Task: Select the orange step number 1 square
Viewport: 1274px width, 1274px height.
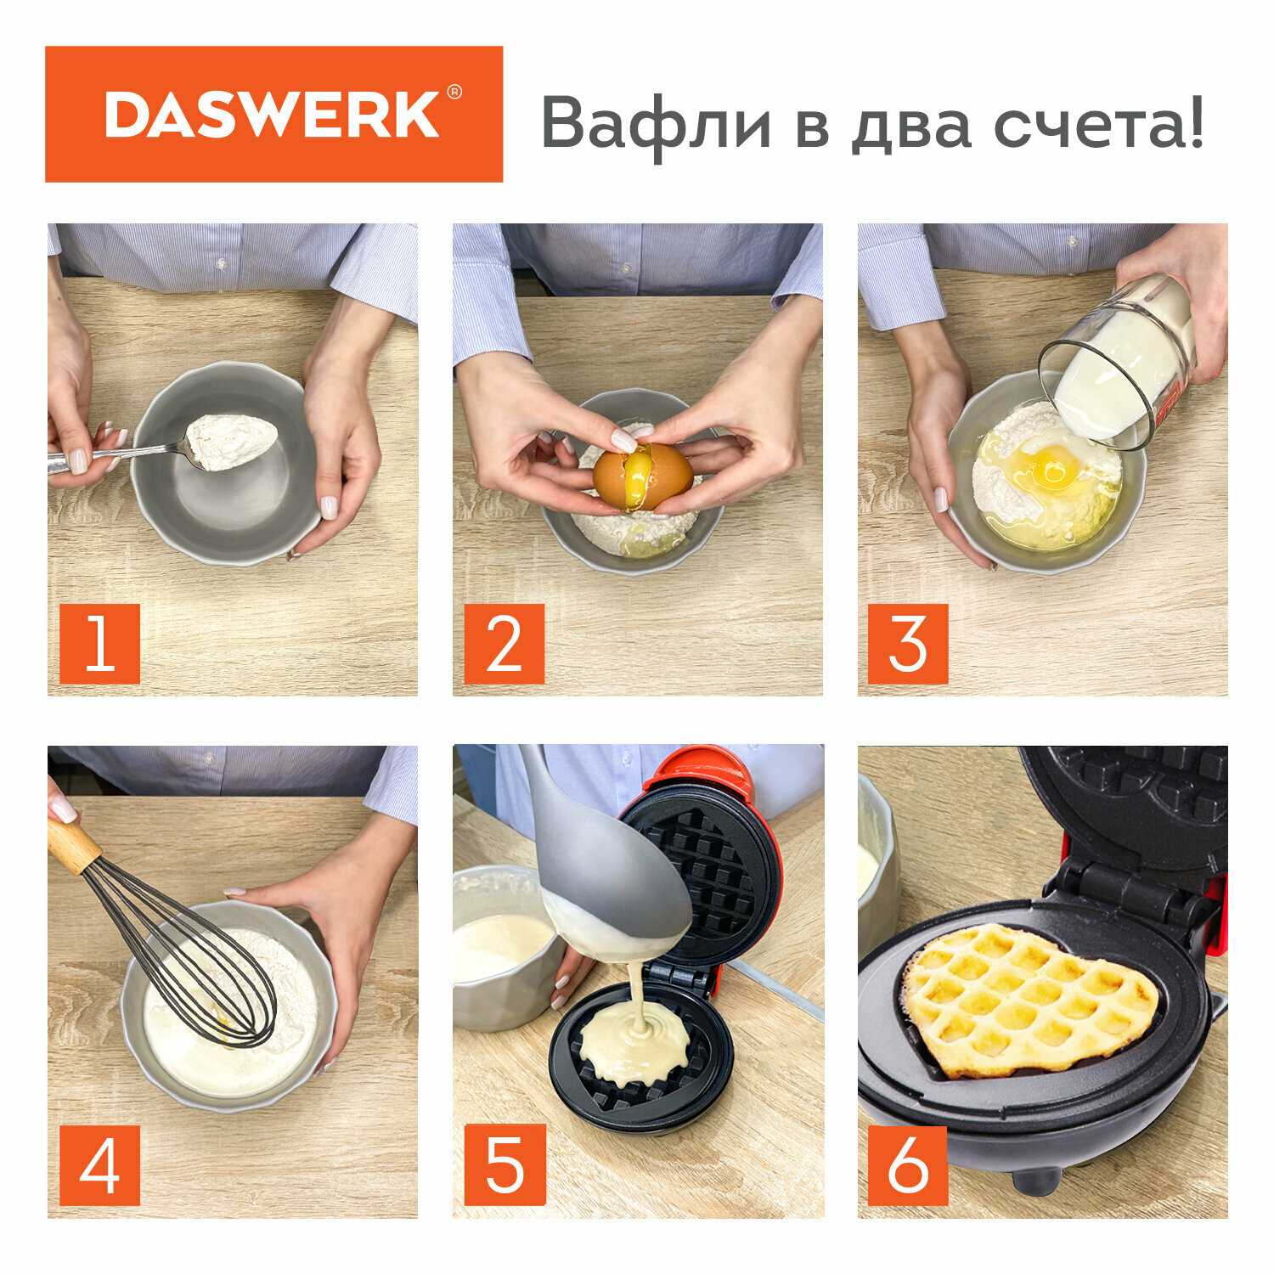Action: pos(100,643)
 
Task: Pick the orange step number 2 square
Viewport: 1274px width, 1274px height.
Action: pos(505,643)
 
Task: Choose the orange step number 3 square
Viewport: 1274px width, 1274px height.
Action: pos(908,643)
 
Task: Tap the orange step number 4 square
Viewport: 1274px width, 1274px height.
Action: pos(100,1164)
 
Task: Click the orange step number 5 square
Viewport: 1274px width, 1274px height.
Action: pos(505,1164)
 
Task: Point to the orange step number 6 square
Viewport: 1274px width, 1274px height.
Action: pos(908,1164)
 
